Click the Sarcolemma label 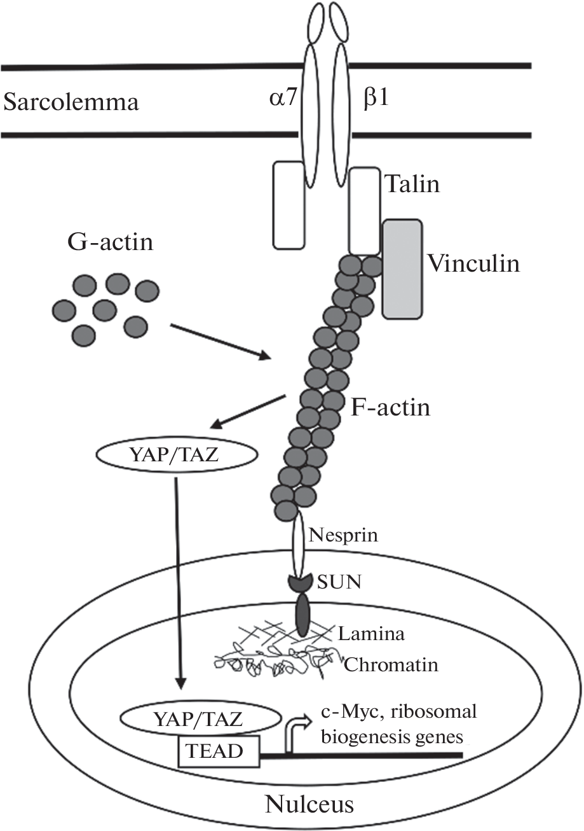coord(71,102)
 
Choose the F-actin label coord(390,407)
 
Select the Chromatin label coord(391,665)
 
